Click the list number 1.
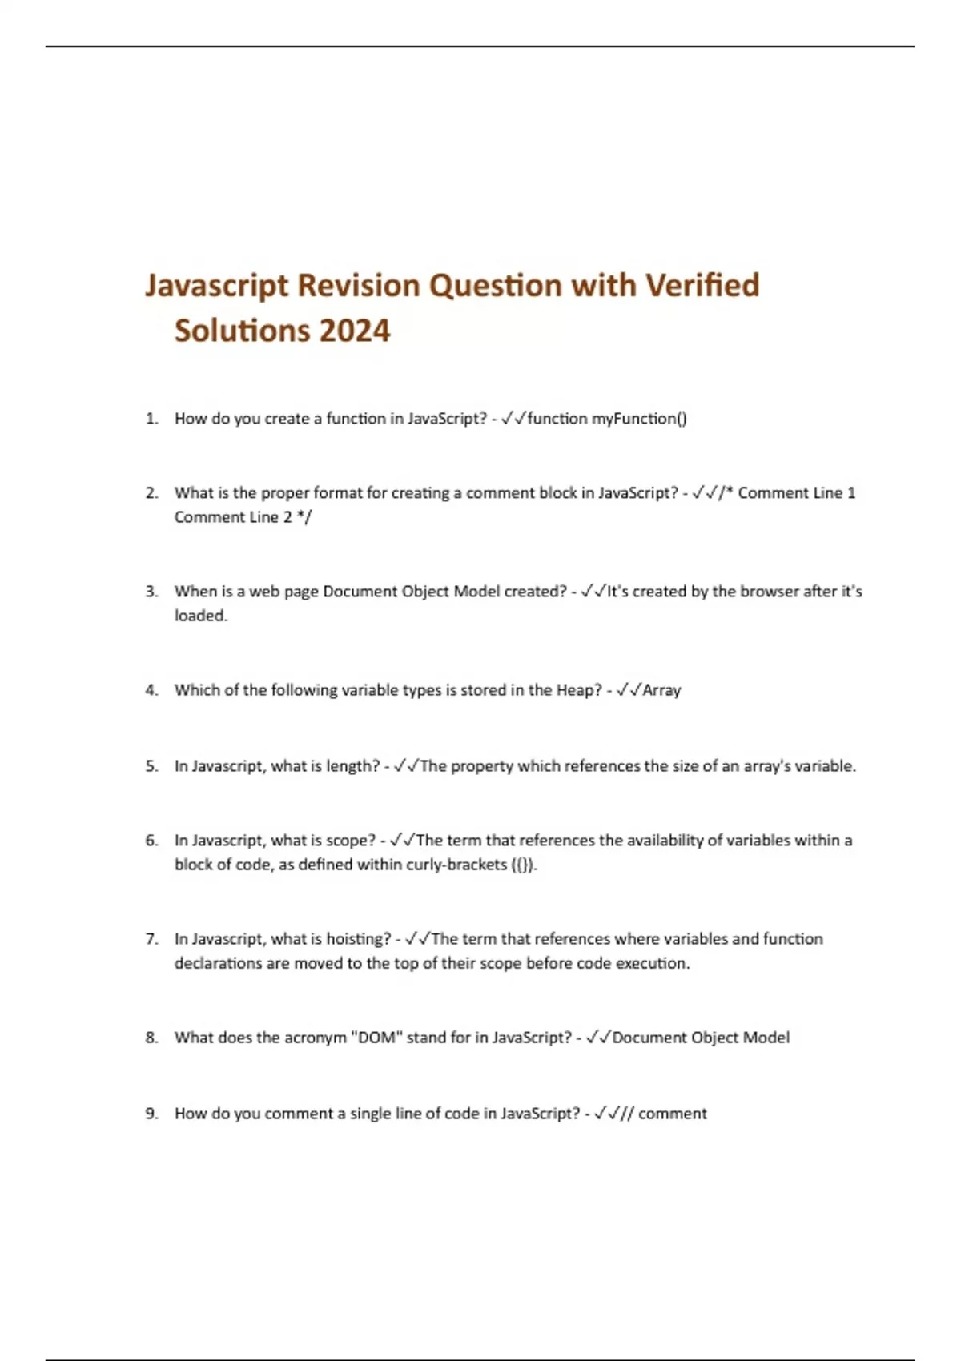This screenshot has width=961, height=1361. [151, 418]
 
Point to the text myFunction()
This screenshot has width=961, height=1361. [639, 418]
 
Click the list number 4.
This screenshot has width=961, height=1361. [151, 690]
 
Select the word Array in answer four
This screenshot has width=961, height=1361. [661, 690]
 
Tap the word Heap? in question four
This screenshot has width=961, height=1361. [578, 690]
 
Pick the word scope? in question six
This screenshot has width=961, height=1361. [350, 841]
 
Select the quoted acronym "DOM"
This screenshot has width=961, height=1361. [376, 1038]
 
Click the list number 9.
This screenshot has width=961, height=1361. [151, 1114]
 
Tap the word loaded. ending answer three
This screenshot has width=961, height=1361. [201, 616]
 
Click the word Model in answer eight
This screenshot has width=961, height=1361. [766, 1038]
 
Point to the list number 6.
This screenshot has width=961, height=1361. [151, 841]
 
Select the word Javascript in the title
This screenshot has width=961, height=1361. [216, 285]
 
